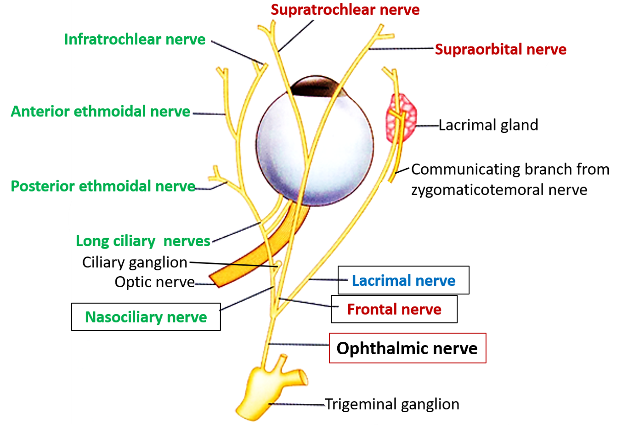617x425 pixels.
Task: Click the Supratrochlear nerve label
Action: pos(345,10)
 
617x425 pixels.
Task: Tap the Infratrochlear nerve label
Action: pos(135,40)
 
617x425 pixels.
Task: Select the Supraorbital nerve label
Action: pos(500,50)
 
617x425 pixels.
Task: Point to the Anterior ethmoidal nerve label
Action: pos(100,111)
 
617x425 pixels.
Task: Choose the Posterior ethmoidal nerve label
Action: pos(103,186)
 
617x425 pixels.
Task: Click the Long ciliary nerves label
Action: pos(143,241)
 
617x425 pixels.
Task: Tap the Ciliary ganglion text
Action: pos(135,262)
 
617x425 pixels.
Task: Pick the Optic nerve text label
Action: pos(155,282)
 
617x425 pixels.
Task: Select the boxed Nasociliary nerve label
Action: pos(146,317)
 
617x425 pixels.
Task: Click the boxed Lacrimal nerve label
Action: pos(403,280)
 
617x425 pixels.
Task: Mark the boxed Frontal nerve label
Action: pos(394,309)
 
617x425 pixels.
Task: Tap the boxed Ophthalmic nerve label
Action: pos(407,348)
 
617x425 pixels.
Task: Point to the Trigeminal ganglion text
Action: pos(392,404)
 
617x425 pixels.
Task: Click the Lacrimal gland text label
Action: pos(488,125)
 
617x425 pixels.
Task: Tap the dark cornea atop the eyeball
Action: pos(317,87)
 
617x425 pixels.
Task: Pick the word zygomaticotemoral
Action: pos(477,189)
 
